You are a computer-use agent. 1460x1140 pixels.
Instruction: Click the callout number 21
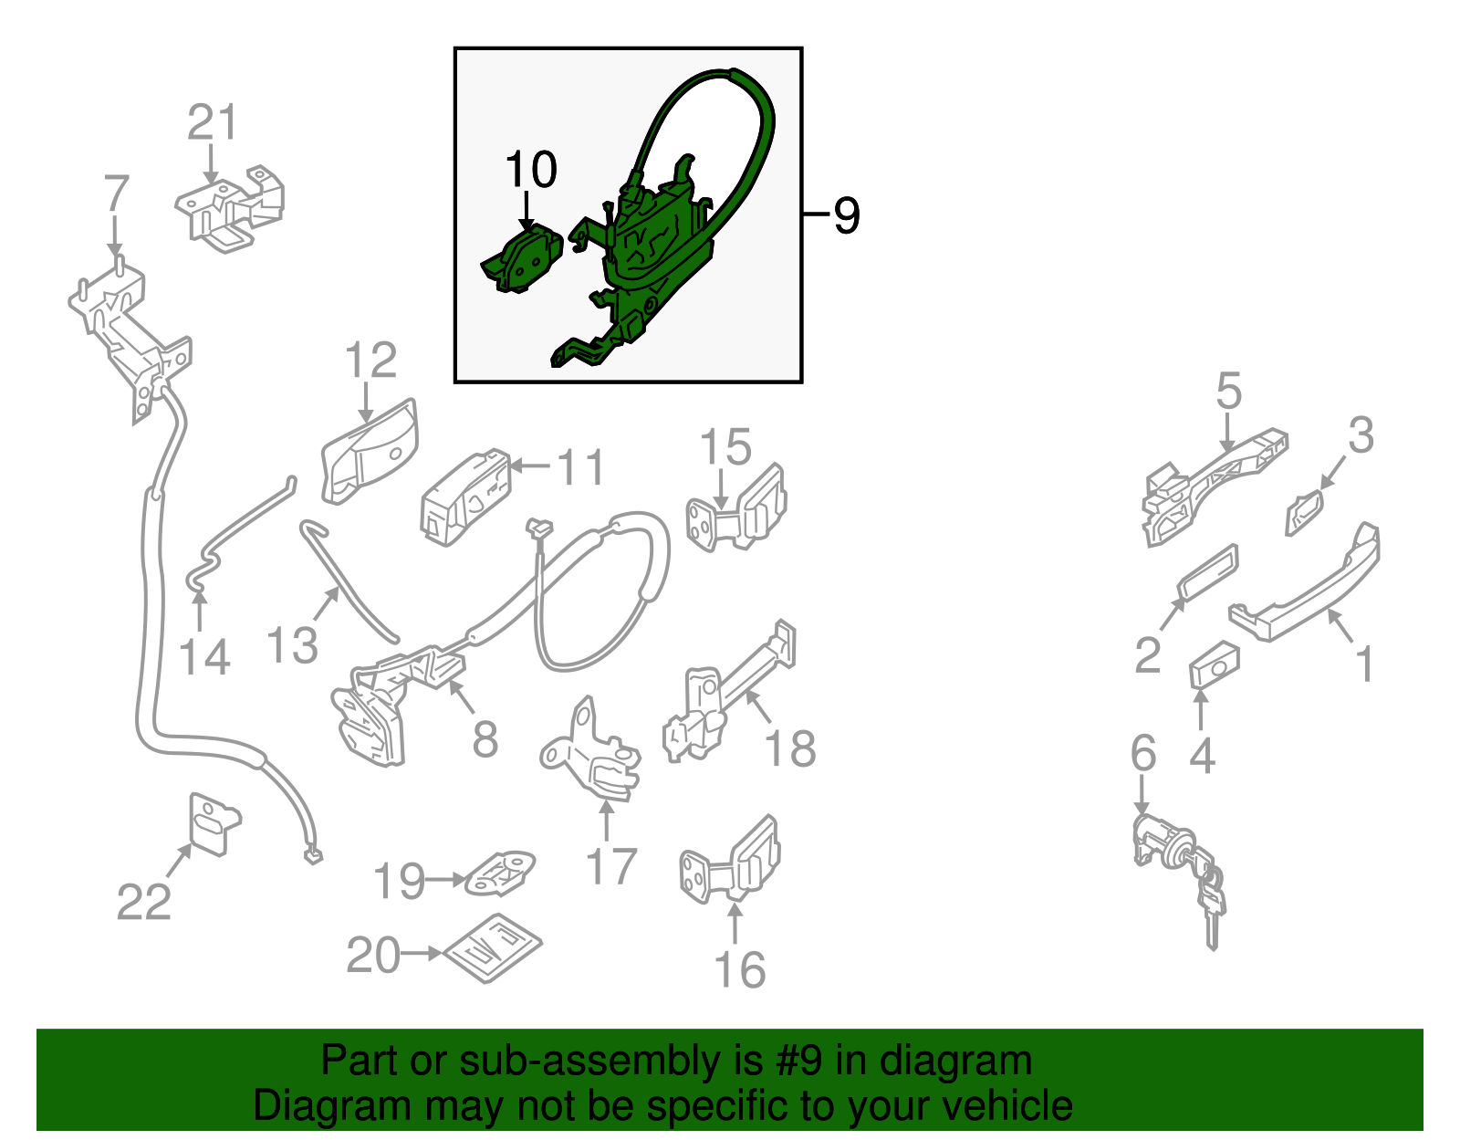click(x=213, y=122)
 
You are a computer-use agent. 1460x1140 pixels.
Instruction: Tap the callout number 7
click(x=116, y=193)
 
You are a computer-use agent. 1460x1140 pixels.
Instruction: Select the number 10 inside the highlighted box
click(x=531, y=169)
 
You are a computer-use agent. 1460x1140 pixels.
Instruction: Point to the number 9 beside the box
click(x=847, y=215)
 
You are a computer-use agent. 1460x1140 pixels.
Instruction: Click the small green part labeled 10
click(x=522, y=259)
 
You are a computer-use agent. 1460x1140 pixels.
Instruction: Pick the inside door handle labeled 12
click(x=370, y=451)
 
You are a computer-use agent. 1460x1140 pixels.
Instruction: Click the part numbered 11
click(x=465, y=497)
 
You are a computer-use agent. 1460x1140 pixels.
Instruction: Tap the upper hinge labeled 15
click(x=736, y=508)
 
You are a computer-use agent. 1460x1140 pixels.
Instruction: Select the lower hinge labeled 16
click(x=730, y=861)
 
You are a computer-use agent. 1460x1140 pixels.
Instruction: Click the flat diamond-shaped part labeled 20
click(x=492, y=948)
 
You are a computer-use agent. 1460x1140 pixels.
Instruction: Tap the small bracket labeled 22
click(x=214, y=824)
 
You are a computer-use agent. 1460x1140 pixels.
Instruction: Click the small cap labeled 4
click(x=1215, y=665)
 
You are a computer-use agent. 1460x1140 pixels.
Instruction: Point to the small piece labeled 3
click(x=1304, y=513)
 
